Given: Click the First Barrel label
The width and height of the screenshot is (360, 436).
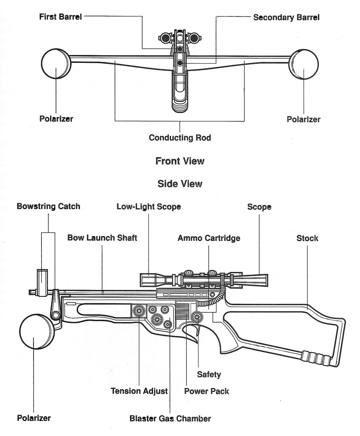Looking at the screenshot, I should point(60,17).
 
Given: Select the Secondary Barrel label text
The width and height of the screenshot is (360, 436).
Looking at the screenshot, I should point(286,17).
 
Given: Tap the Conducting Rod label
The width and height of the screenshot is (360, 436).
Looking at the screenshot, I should point(180,138).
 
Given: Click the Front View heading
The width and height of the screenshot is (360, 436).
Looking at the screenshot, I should point(180,161).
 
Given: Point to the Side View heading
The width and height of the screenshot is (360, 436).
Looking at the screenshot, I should point(180,184).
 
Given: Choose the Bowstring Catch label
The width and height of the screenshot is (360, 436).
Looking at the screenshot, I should point(48,206).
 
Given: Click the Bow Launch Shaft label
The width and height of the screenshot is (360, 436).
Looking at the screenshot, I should point(102,238).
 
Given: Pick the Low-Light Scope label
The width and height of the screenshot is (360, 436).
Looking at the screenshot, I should point(149,206).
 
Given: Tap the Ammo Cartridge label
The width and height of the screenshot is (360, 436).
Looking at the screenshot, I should point(209,238).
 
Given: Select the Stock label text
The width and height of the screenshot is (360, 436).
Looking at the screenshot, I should point(307,238).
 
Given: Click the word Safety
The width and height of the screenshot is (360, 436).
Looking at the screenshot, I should point(209,374).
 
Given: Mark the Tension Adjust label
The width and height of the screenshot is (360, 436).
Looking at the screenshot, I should point(139,391).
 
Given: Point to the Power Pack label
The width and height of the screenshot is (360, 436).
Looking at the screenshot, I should point(207,391).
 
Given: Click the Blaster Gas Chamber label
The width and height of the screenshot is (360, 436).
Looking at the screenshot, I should point(170,418).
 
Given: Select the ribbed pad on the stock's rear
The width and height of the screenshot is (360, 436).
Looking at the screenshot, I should point(316,358).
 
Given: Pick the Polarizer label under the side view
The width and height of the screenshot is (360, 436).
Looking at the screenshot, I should point(34,418).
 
